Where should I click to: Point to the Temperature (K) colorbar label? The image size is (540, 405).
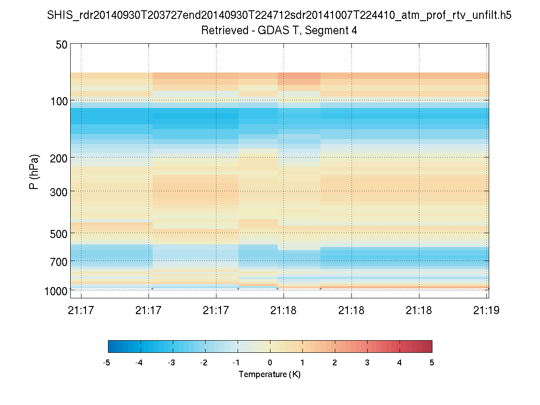tap(270, 374)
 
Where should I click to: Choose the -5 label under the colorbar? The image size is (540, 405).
tap(107, 363)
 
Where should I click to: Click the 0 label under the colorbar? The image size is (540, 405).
tap(270, 363)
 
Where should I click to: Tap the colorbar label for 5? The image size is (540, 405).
tap(432, 363)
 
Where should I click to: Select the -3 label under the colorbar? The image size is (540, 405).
tap(171, 363)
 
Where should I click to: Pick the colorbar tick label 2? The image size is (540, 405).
tap(335, 363)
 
